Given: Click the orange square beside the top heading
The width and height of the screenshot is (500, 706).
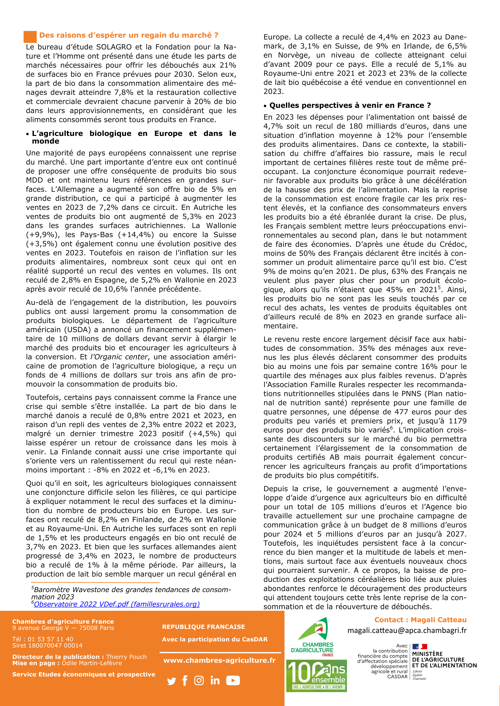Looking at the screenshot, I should [30, 37].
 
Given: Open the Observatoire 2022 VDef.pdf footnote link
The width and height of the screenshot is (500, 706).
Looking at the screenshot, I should [117, 604].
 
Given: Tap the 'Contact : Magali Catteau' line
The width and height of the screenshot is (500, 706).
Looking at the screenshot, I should [420, 620].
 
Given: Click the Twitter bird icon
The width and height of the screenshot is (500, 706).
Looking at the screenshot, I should [172, 681].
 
